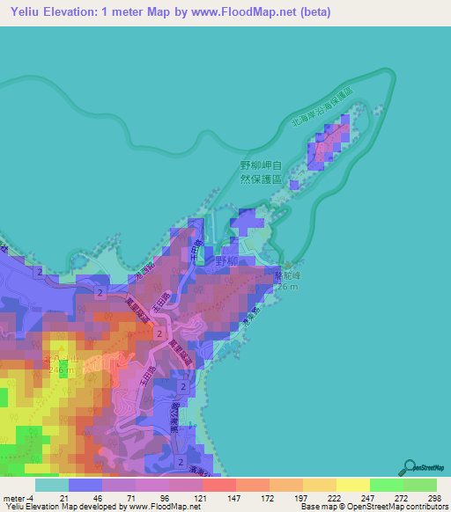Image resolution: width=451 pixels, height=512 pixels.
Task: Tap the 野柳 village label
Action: [227, 261]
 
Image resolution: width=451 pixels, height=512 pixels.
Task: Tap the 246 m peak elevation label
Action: [58, 371]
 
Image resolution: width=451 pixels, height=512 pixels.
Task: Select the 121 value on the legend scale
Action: [199, 499]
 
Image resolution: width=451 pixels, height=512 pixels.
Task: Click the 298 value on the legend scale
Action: [431, 499]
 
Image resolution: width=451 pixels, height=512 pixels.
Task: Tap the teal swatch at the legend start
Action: [50, 485]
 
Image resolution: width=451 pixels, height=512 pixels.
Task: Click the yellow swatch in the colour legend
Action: [353, 485]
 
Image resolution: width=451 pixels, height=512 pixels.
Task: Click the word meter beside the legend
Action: [13, 499]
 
